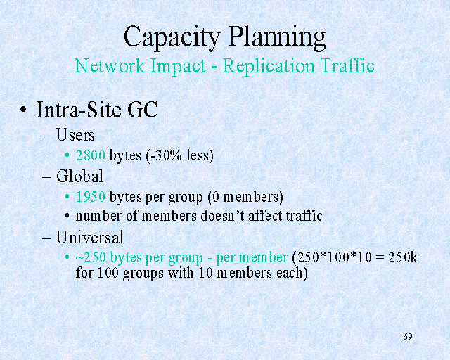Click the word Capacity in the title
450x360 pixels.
(172, 37)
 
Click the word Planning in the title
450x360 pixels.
(277, 37)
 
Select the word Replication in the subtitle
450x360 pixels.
(269, 66)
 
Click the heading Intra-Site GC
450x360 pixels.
(97, 110)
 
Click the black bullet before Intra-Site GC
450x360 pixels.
(23, 110)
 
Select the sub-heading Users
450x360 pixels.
(75, 134)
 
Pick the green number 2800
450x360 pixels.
(91, 155)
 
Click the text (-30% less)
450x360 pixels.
(180, 156)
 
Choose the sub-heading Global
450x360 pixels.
(79, 176)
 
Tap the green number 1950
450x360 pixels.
(91, 197)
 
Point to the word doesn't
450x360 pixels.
(222, 216)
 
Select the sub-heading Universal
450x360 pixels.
(90, 237)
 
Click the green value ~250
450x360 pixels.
(91, 257)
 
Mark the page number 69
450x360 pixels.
(408, 337)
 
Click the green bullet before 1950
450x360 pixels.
(67, 197)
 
